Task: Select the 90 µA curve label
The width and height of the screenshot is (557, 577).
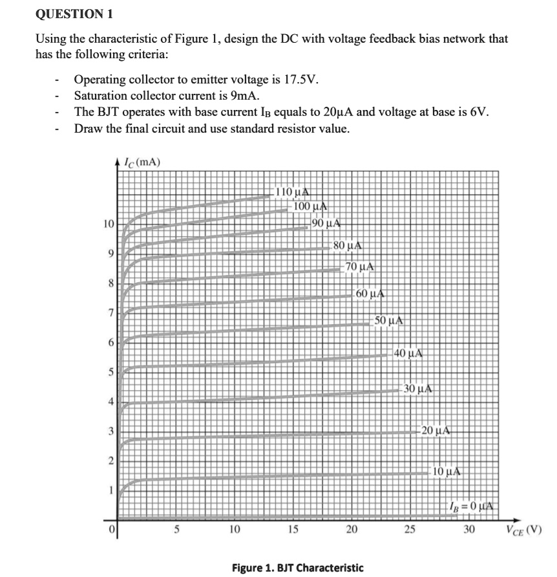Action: [326, 224]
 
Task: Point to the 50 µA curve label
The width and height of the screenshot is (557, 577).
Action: [390, 320]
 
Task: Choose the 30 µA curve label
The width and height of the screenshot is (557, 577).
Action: [417, 389]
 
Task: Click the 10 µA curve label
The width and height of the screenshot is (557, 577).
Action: [446, 472]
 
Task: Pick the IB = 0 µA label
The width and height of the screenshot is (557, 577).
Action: [474, 504]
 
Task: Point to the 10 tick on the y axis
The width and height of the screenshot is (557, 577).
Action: [109, 224]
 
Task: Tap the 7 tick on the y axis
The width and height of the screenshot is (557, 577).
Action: [110, 314]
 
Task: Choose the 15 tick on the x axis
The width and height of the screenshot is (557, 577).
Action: [292, 530]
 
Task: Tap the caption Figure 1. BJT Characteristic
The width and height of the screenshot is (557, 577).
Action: [298, 567]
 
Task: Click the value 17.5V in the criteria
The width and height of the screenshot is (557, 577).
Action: [301, 80]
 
